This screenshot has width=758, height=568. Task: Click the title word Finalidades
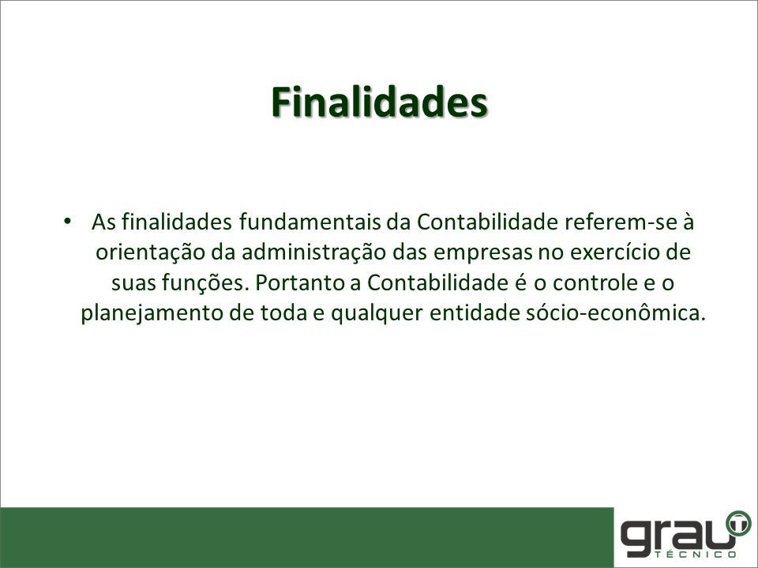[x=380, y=102]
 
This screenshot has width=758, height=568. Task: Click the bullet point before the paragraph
[x=67, y=222]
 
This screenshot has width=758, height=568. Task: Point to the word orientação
[x=150, y=252]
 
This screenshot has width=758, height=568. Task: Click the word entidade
[x=475, y=313]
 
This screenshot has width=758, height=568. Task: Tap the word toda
[x=284, y=313]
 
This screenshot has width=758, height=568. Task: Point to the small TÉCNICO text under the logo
[x=697, y=554]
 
